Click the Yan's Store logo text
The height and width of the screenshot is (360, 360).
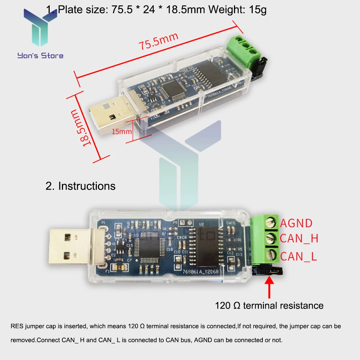tap(40, 55)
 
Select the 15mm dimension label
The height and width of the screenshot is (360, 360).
tap(122, 131)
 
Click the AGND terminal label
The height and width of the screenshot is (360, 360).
tap(296, 223)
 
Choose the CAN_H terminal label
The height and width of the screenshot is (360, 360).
tap(299, 238)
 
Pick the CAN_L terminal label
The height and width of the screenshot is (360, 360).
tap(298, 256)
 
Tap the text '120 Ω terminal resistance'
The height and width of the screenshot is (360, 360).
tap(269, 306)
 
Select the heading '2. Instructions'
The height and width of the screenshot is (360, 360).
tap(81, 186)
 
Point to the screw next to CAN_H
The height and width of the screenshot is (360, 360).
tap(271, 238)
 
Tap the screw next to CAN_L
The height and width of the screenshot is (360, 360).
tap(271, 255)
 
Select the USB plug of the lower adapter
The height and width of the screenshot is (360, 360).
tap(69, 247)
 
